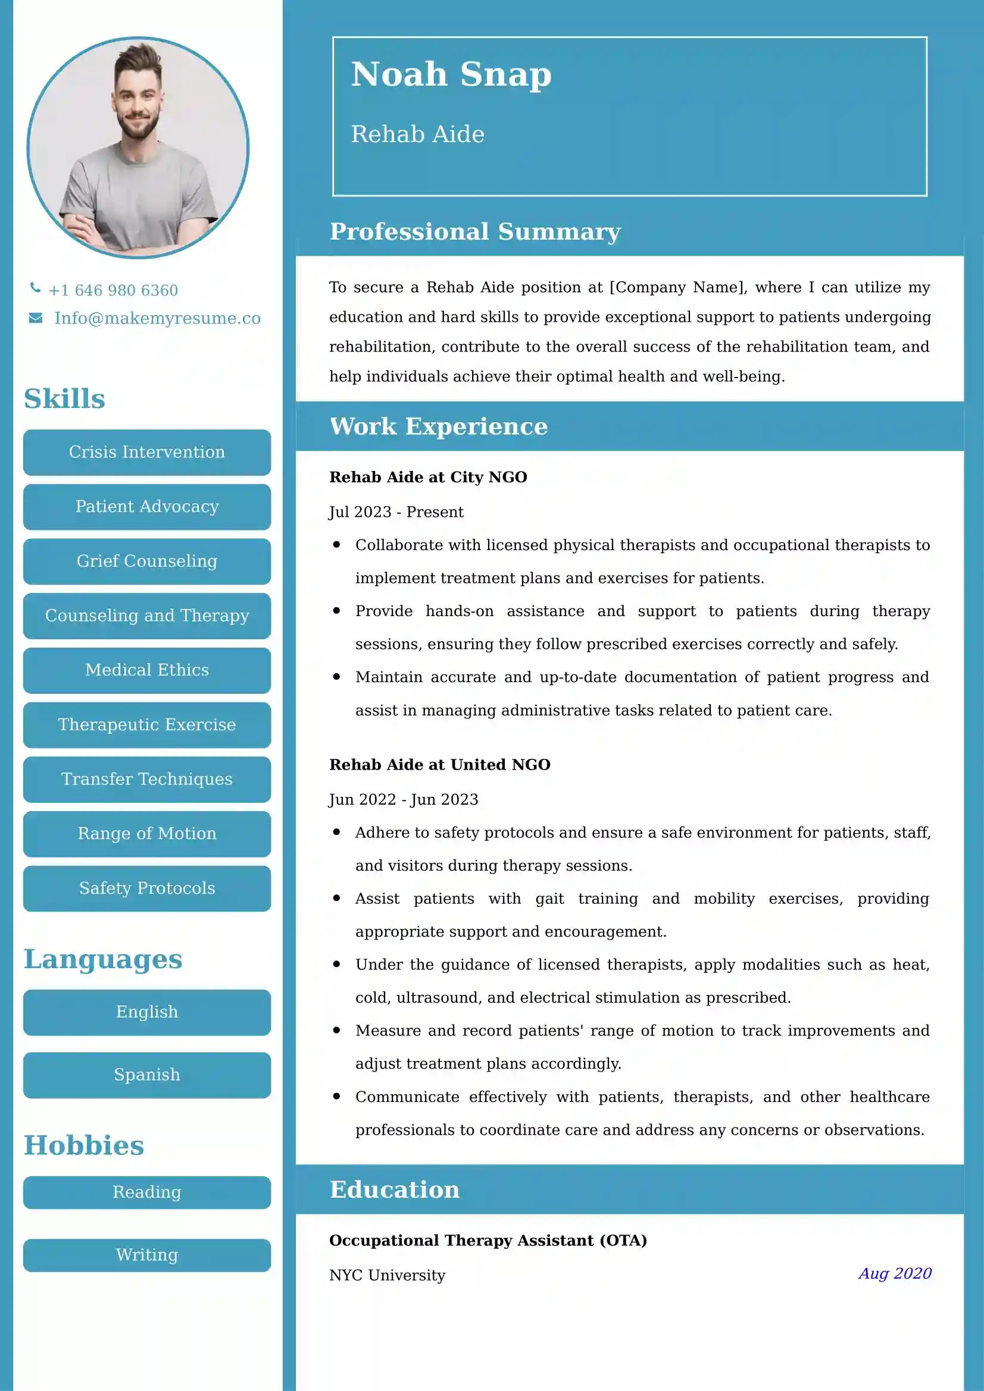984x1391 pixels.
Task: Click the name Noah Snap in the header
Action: pyautogui.click(x=451, y=74)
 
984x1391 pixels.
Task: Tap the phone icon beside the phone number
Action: pyautogui.click(x=36, y=288)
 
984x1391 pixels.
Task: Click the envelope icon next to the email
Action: pyautogui.click(x=36, y=318)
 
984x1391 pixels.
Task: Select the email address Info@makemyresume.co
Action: pyautogui.click(x=157, y=318)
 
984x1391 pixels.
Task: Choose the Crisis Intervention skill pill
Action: pyautogui.click(x=146, y=452)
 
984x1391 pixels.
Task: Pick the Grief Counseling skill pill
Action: pyautogui.click(x=146, y=561)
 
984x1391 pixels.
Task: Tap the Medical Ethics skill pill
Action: pyautogui.click(x=146, y=670)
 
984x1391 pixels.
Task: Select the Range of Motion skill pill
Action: pyautogui.click(x=146, y=834)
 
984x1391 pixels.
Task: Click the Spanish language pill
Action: pyautogui.click(x=146, y=1075)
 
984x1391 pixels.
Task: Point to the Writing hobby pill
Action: pyautogui.click(x=146, y=1255)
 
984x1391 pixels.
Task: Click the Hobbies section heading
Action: pyautogui.click(x=84, y=1145)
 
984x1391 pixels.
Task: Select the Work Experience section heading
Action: pyautogui.click(x=438, y=426)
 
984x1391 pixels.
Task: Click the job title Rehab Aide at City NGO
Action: pyautogui.click(x=428, y=478)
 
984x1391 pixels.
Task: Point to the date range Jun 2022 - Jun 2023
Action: pyautogui.click(x=403, y=800)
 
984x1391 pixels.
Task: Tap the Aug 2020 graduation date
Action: pyautogui.click(x=894, y=1273)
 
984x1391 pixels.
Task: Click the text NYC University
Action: pyautogui.click(x=387, y=1275)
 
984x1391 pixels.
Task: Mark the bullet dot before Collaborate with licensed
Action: pyautogui.click(x=336, y=545)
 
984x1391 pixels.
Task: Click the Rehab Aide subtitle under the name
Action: pyautogui.click(x=418, y=134)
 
